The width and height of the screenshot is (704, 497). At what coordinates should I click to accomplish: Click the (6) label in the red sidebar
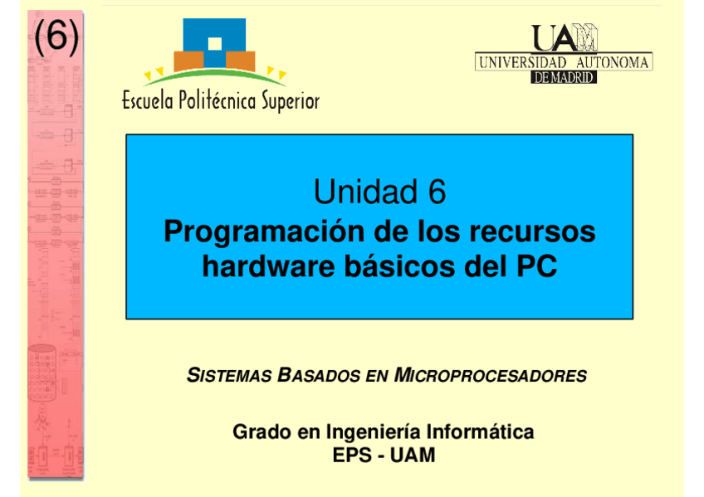coord(56,37)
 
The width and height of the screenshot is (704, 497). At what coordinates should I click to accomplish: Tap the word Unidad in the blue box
coord(365,192)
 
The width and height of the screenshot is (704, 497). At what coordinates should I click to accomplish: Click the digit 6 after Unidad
coord(437,192)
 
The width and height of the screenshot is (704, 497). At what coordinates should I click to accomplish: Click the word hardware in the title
coord(268,266)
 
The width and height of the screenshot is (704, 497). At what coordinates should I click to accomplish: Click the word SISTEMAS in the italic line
coord(229,375)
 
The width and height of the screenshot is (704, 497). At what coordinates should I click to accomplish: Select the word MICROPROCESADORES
coord(491,375)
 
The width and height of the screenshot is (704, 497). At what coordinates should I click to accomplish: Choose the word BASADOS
coord(319,375)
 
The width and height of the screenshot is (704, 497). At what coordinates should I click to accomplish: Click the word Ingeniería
coord(373,432)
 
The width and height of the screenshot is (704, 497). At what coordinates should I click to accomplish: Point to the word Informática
coord(480,432)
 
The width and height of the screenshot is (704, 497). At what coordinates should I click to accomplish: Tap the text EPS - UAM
coord(384,456)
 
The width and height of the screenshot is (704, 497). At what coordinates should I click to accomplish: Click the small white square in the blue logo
coord(215,44)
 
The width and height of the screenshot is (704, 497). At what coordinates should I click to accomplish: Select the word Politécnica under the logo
coord(218,101)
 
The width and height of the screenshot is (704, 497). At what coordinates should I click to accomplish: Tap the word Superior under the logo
coord(291,101)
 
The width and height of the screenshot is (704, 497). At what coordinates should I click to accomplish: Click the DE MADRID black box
coord(564,78)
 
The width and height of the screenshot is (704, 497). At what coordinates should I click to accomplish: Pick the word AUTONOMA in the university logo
coord(613,62)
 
